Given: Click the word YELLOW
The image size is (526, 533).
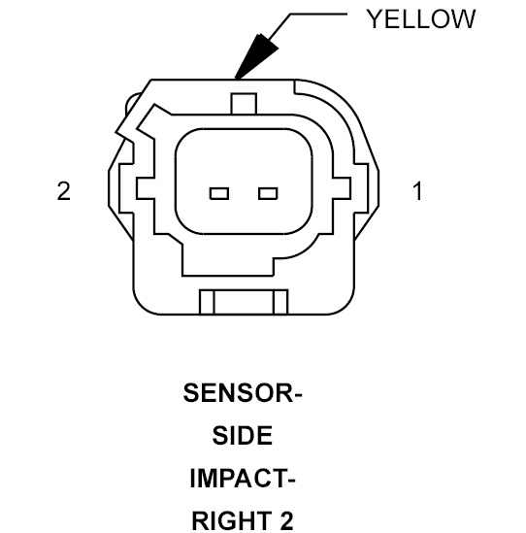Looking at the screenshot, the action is point(420,19).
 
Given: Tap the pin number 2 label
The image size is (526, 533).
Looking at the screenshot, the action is point(64,191).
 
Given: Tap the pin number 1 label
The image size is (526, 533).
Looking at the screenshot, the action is point(418,191).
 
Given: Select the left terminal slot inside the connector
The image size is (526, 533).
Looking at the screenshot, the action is point(219,193).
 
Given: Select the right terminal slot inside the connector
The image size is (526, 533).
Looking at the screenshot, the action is point(268,193).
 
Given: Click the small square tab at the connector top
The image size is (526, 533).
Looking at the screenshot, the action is point(244,104).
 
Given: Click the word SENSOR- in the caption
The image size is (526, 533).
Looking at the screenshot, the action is point(243,393).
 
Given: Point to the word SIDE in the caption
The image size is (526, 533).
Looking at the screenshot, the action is point(243,436).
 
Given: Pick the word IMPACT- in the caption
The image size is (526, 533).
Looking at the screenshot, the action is point(243,479).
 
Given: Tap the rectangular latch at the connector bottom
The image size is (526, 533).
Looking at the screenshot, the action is point(244,302).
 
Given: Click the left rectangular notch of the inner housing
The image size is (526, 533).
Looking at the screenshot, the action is point(146,187).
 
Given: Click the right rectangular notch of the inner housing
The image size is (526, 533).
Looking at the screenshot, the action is point(342,187).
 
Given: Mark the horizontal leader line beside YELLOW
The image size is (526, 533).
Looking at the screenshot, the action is point(318,15).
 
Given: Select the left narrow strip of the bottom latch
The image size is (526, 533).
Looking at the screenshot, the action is point(207,302).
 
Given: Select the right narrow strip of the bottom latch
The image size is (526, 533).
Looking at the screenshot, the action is point(280,302).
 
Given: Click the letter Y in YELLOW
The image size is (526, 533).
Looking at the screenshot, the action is point(375,19).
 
